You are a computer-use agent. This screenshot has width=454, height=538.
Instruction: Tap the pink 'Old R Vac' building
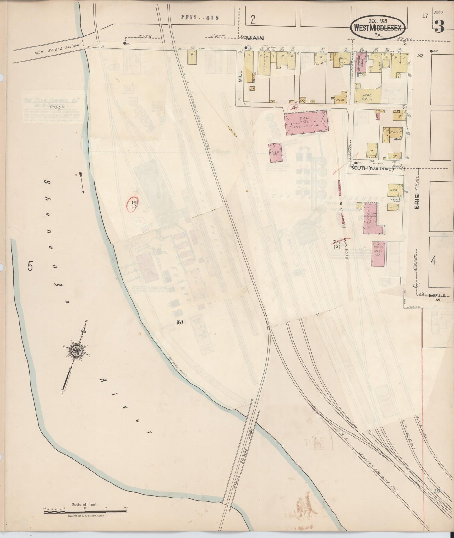point(276,153)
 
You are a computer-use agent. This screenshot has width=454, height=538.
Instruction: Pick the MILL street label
point(240,75)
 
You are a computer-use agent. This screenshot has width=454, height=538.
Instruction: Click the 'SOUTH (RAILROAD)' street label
point(372,169)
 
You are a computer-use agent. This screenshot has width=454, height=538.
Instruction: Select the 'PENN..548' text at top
point(200,18)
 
